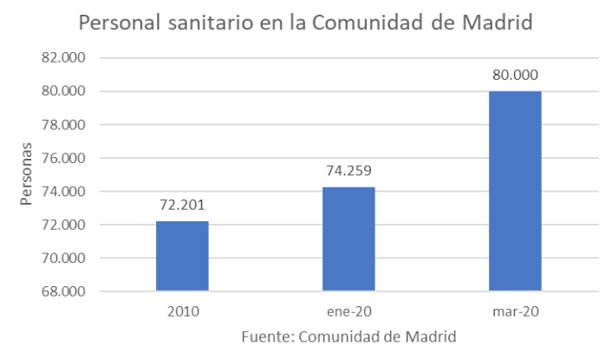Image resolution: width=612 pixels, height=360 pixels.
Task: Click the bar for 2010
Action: click(182, 256)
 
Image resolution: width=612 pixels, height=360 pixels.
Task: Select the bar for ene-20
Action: click(348, 239)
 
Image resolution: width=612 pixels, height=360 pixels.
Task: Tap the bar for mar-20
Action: click(515, 191)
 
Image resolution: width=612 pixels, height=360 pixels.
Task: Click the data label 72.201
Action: click(182, 206)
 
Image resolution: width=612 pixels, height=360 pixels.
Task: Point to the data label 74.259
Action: click(348, 171)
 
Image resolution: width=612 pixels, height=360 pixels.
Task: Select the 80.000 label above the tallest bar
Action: click(515, 75)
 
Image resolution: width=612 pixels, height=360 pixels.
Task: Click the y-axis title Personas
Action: click(28, 174)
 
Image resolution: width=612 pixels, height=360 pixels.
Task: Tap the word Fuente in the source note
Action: click(264, 336)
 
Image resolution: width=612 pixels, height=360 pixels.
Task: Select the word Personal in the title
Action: click(110, 23)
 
